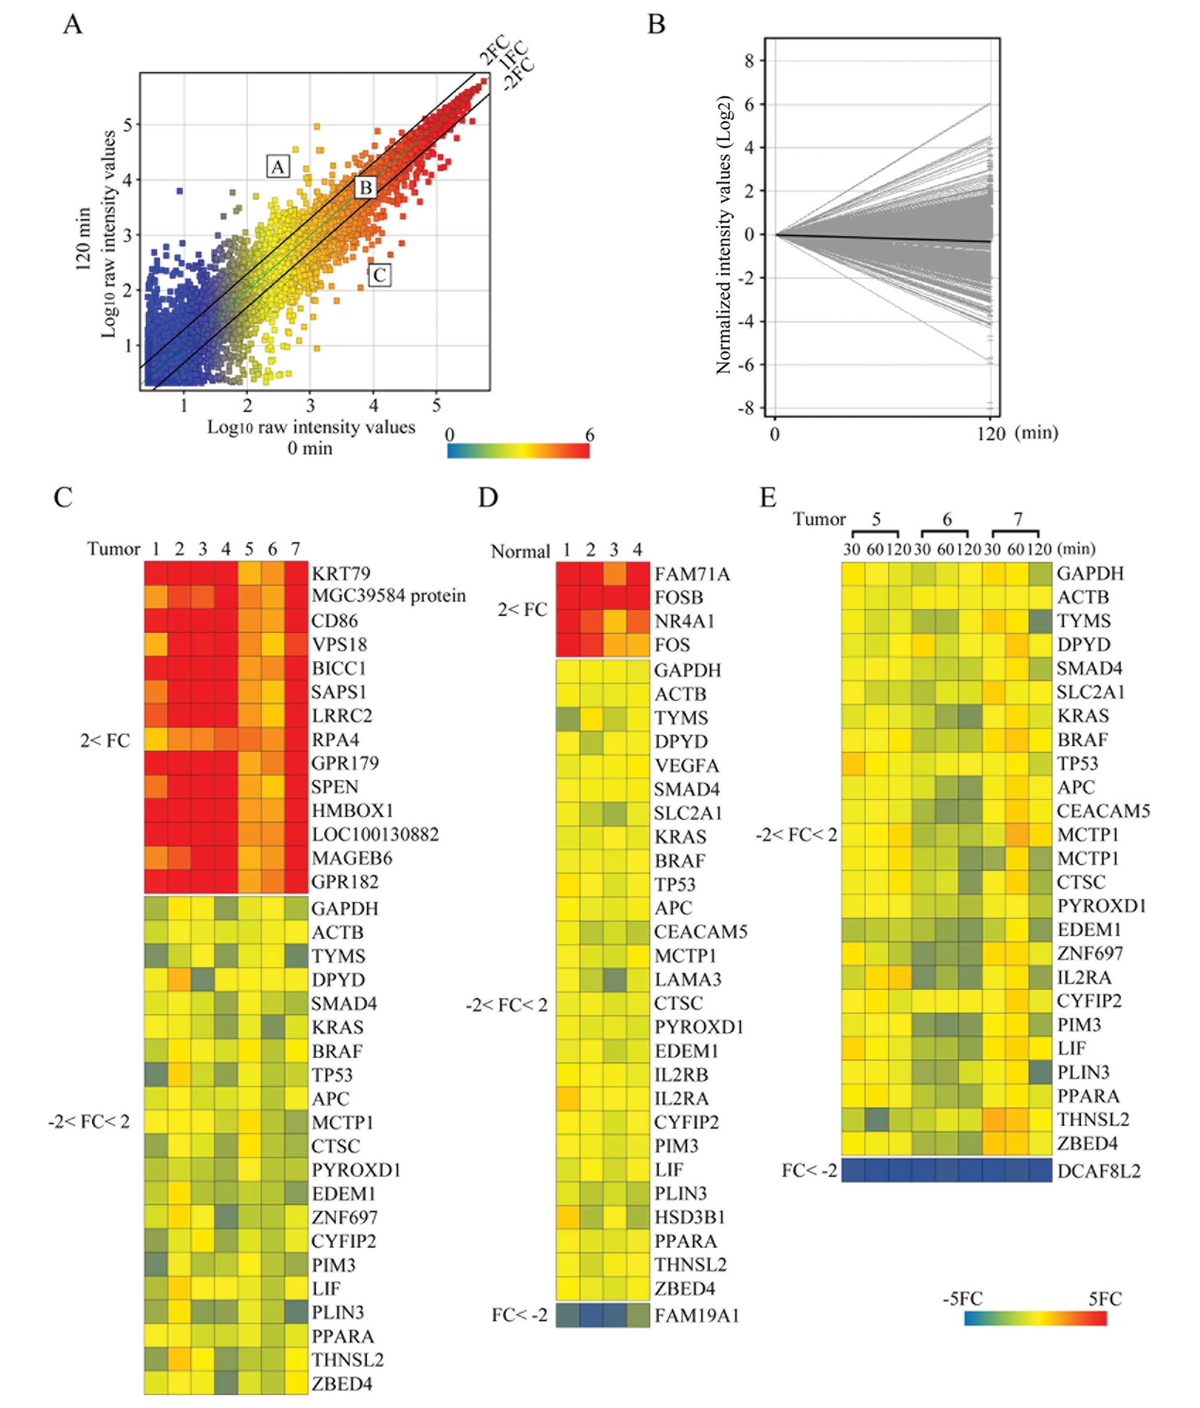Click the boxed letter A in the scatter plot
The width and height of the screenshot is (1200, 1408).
point(277,167)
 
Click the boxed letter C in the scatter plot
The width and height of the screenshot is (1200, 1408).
point(379,276)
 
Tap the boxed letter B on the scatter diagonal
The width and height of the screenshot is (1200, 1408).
point(366,188)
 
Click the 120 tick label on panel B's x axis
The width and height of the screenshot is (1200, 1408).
point(991,433)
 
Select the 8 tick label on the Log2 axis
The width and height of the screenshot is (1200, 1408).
point(749,61)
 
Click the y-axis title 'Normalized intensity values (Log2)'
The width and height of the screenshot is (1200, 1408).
point(724,234)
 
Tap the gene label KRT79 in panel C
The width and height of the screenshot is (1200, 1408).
point(341,574)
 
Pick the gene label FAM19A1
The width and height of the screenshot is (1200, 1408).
point(696,1315)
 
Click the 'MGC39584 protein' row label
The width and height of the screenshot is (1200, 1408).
point(388,596)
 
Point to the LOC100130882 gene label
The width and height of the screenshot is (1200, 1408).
point(375,834)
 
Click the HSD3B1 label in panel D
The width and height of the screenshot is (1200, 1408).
point(690,1217)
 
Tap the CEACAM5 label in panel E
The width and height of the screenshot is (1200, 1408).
point(1103,811)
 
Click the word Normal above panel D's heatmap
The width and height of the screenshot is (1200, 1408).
point(521,551)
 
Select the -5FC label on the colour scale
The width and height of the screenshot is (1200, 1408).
point(962,1299)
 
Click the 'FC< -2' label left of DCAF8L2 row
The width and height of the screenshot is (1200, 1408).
point(809,1170)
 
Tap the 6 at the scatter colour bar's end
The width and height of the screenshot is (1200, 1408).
point(589,435)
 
